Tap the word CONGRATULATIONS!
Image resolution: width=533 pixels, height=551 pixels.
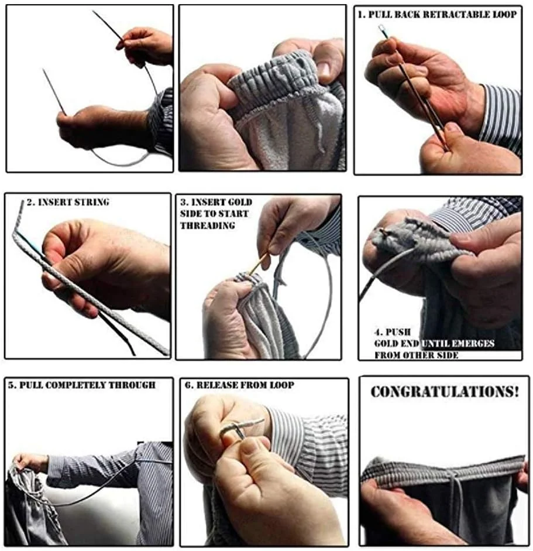pos(445,392)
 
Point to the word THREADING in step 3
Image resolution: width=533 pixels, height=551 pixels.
pos(208,225)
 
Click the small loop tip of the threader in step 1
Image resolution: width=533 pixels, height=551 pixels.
pos(381,27)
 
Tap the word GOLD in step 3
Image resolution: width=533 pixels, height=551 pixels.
pos(240,203)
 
